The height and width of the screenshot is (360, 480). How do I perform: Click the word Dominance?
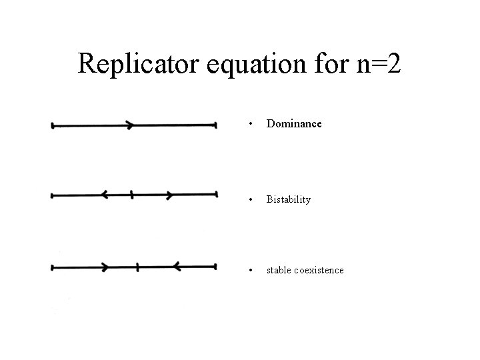[x=294, y=123]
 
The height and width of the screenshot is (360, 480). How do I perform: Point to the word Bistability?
[x=289, y=199]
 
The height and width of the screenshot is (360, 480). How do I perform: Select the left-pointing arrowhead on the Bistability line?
[x=105, y=195]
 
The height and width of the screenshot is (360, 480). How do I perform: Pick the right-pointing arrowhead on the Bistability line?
[x=170, y=195]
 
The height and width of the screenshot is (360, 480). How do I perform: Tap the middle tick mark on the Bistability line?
[x=132, y=195]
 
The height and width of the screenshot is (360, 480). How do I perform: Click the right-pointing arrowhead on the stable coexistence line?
[x=105, y=267]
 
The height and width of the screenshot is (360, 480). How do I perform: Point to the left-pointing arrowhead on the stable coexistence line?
[x=177, y=267]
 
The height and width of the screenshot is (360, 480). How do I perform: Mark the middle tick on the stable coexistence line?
[x=137, y=267]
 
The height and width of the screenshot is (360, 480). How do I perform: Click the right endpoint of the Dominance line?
[x=215, y=124]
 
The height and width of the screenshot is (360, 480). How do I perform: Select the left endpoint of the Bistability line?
[x=53, y=195]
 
